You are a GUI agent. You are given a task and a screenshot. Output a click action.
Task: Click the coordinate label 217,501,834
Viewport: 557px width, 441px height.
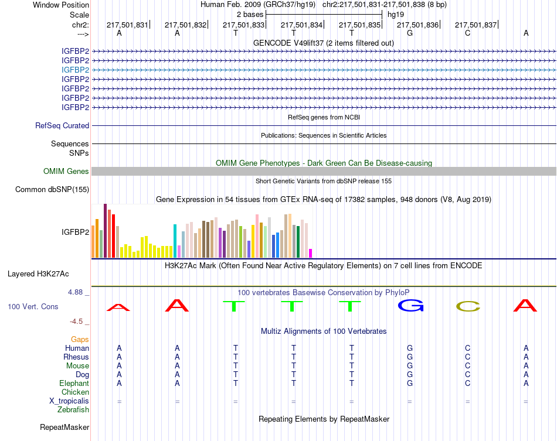click(x=302, y=25)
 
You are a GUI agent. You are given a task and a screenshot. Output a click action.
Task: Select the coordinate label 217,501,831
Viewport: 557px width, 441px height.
click(x=127, y=25)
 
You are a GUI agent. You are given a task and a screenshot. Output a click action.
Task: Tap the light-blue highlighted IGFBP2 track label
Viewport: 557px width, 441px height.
click(x=76, y=70)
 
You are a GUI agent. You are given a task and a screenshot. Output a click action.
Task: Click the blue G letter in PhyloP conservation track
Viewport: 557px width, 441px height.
click(x=410, y=306)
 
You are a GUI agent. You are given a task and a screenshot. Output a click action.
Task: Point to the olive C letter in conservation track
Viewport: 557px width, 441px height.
click(x=468, y=306)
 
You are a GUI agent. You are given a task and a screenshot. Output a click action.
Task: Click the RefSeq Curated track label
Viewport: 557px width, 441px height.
click(x=62, y=125)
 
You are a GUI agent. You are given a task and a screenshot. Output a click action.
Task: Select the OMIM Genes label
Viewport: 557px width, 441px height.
click(x=66, y=172)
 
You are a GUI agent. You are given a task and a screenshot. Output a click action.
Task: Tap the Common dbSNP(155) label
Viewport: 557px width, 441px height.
click(x=52, y=189)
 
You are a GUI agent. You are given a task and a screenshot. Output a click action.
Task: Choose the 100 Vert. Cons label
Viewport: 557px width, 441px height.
click(x=33, y=306)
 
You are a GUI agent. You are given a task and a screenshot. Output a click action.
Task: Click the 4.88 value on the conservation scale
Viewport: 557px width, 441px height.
click(x=78, y=292)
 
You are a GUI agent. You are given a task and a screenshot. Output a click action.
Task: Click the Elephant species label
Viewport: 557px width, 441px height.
click(x=74, y=383)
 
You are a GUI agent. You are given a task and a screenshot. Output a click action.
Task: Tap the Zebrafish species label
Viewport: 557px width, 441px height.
click(x=74, y=410)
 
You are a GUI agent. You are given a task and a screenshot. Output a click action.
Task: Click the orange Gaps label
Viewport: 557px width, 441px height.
click(x=80, y=339)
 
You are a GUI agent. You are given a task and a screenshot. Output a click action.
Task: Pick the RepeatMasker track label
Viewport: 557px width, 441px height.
click(x=64, y=428)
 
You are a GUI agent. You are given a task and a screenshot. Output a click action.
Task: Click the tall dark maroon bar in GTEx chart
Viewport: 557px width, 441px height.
click(x=105, y=231)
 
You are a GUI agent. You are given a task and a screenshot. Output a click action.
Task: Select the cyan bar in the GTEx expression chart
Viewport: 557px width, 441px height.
click(x=175, y=241)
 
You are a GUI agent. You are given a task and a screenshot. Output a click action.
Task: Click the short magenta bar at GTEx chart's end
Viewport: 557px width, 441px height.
click(x=311, y=253)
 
